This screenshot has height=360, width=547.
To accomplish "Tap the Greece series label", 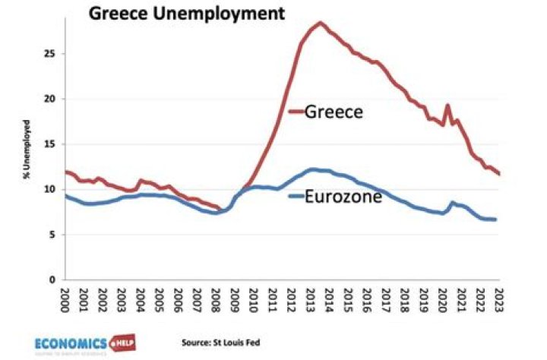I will [334, 112].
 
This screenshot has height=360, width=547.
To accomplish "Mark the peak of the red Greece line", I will [320, 23].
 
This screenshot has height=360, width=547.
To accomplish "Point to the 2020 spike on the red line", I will [447, 106].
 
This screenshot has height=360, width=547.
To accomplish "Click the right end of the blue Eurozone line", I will [496, 219].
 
